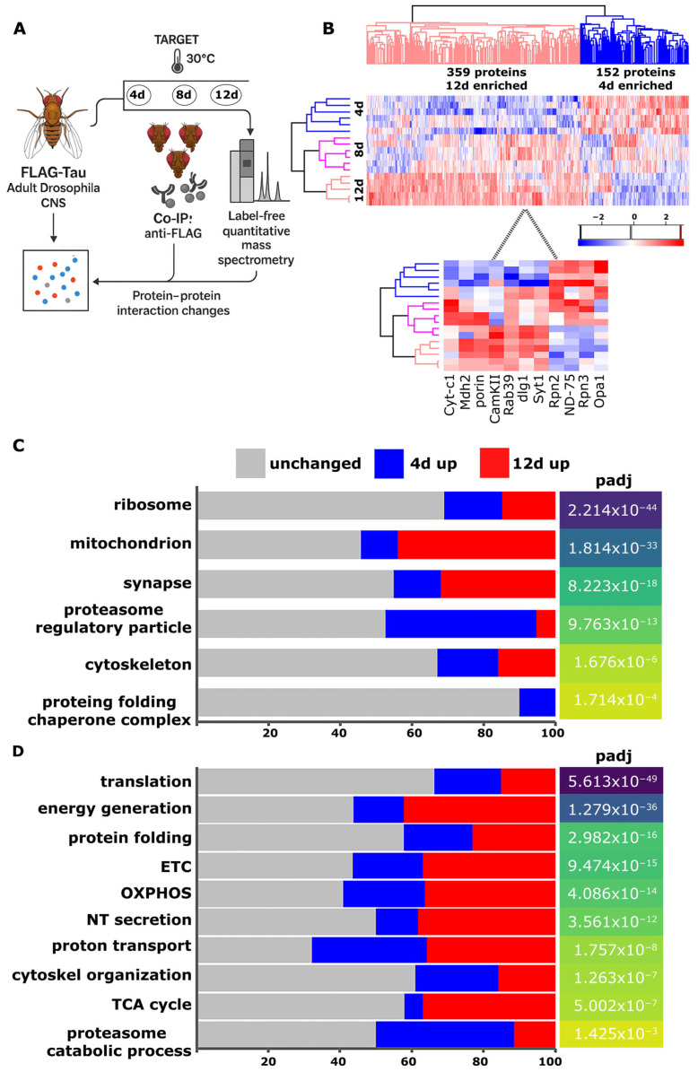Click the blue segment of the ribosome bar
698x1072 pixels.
pos(473,507)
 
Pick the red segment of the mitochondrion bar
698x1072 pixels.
pos(476,545)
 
